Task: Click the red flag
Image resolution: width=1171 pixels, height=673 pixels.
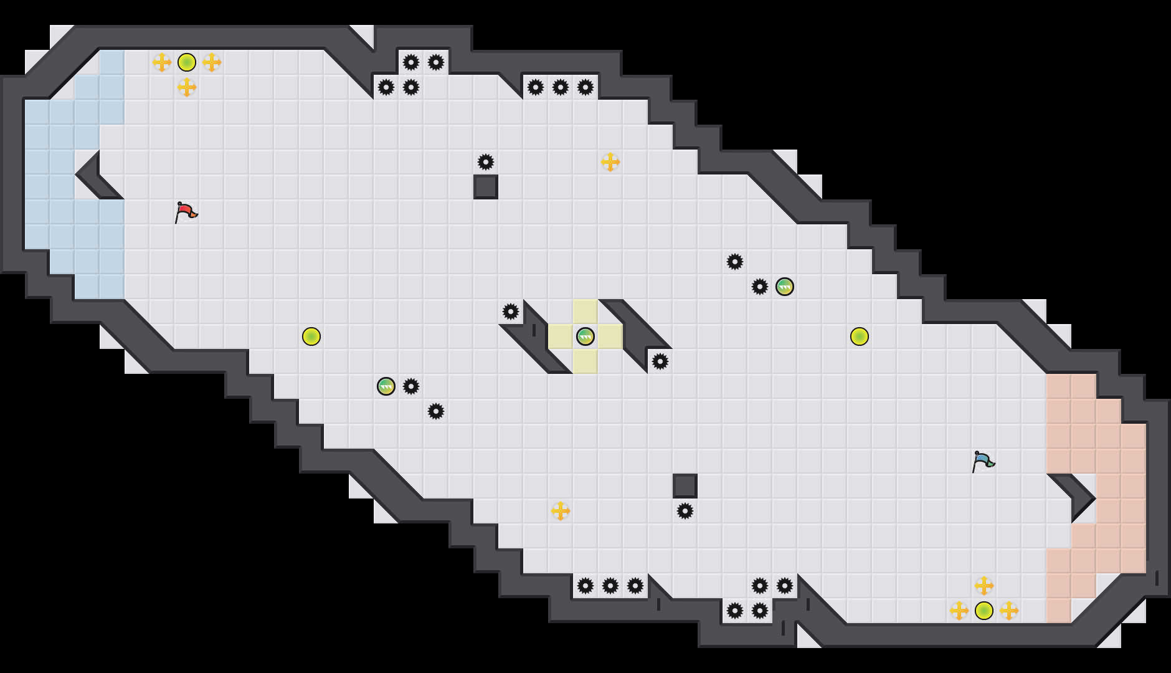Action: (186, 212)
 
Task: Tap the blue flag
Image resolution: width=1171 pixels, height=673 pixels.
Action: (983, 462)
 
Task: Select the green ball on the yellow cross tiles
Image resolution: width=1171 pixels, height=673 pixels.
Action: (585, 336)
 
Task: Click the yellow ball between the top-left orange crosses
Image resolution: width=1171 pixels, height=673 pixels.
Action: (187, 62)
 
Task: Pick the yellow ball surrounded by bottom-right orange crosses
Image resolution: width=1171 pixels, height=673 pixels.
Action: (984, 611)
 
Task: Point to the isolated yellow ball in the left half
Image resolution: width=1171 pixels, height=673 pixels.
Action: (311, 336)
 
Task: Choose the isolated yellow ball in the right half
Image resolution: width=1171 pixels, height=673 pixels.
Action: (860, 336)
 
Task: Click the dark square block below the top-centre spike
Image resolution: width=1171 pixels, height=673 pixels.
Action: (486, 187)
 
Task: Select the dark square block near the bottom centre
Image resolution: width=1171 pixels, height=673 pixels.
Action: (685, 486)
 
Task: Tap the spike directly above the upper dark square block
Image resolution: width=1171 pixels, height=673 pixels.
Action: (486, 162)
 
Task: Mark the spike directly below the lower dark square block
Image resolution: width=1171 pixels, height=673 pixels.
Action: (685, 511)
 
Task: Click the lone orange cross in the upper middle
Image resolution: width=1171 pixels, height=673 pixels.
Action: (610, 162)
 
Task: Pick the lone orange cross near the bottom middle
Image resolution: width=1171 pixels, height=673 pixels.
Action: (561, 511)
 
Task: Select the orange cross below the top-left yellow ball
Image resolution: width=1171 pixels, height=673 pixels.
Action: (187, 87)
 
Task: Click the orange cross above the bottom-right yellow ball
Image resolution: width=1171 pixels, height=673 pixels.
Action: (984, 586)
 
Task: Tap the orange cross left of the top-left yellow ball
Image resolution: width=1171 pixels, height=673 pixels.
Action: (162, 62)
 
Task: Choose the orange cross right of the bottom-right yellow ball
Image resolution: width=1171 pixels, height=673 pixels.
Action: (1009, 611)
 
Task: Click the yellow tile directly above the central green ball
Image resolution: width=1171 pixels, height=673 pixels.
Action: (585, 312)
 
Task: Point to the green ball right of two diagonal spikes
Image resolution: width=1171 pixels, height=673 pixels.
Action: (785, 287)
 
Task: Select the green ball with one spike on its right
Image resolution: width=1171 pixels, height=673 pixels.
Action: (386, 386)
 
